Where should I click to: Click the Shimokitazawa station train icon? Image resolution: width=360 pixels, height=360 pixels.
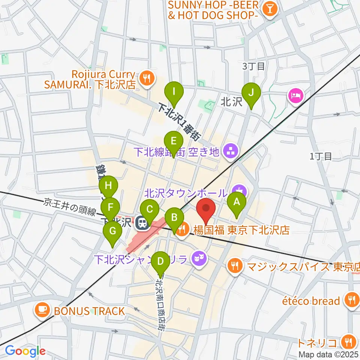point(142,223)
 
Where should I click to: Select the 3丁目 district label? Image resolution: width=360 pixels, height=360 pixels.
point(253,66)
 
